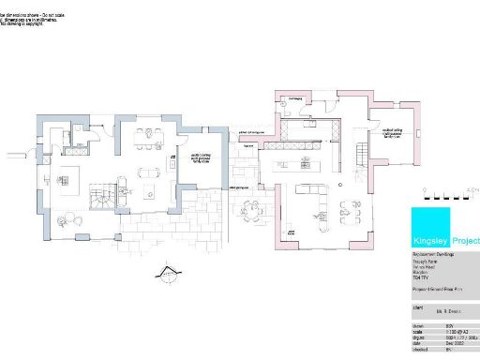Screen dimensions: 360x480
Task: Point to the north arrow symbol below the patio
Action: pyautogui.click(x=169, y=274)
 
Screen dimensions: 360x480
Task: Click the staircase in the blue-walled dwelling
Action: pyautogui.click(x=99, y=196)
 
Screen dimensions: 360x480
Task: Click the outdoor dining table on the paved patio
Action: pyautogui.click(x=248, y=208)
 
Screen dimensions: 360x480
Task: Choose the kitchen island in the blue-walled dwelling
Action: pyautogui.click(x=73, y=175)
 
